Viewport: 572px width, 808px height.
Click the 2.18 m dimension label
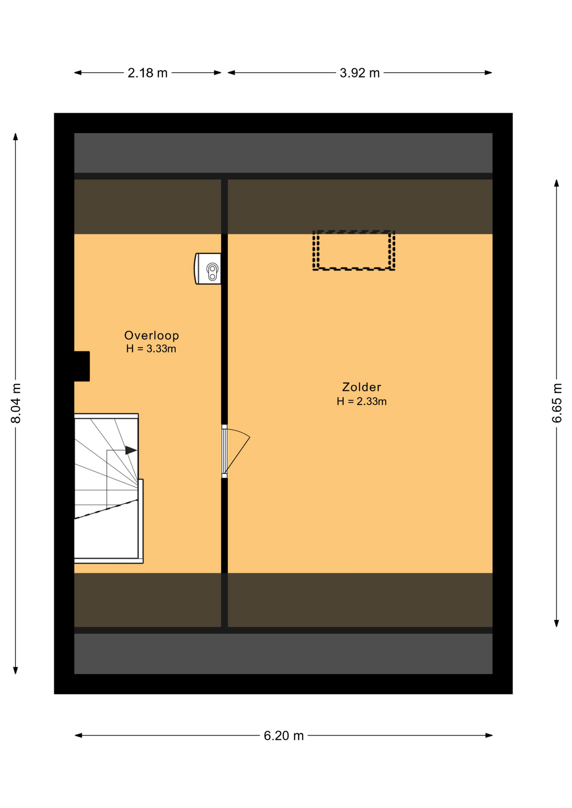click(147, 73)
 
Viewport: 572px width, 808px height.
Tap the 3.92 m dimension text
click(360, 73)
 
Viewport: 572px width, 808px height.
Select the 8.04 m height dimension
click(16, 403)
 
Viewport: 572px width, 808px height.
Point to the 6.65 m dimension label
click(557, 403)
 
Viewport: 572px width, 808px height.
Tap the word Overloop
click(152, 335)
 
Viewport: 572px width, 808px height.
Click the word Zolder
click(361, 387)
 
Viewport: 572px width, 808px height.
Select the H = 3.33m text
click(151, 348)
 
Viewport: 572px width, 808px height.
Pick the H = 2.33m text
click(361, 401)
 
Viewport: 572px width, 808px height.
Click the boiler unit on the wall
click(208, 268)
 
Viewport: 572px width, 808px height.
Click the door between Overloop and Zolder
click(225, 452)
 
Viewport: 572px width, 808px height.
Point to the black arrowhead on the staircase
click(131, 450)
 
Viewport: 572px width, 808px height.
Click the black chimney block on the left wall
click(82, 366)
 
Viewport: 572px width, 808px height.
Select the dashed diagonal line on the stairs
click(106, 509)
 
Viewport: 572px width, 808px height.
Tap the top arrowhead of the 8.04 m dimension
click(16, 137)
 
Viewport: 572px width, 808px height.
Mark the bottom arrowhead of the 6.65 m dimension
click(556, 623)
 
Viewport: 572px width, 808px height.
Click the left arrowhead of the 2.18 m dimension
click(78, 73)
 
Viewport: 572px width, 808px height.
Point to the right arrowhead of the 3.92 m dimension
click(489, 73)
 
